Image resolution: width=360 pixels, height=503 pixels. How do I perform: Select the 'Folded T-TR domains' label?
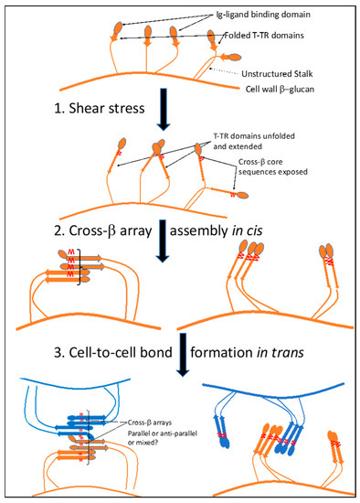(x=273, y=37)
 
